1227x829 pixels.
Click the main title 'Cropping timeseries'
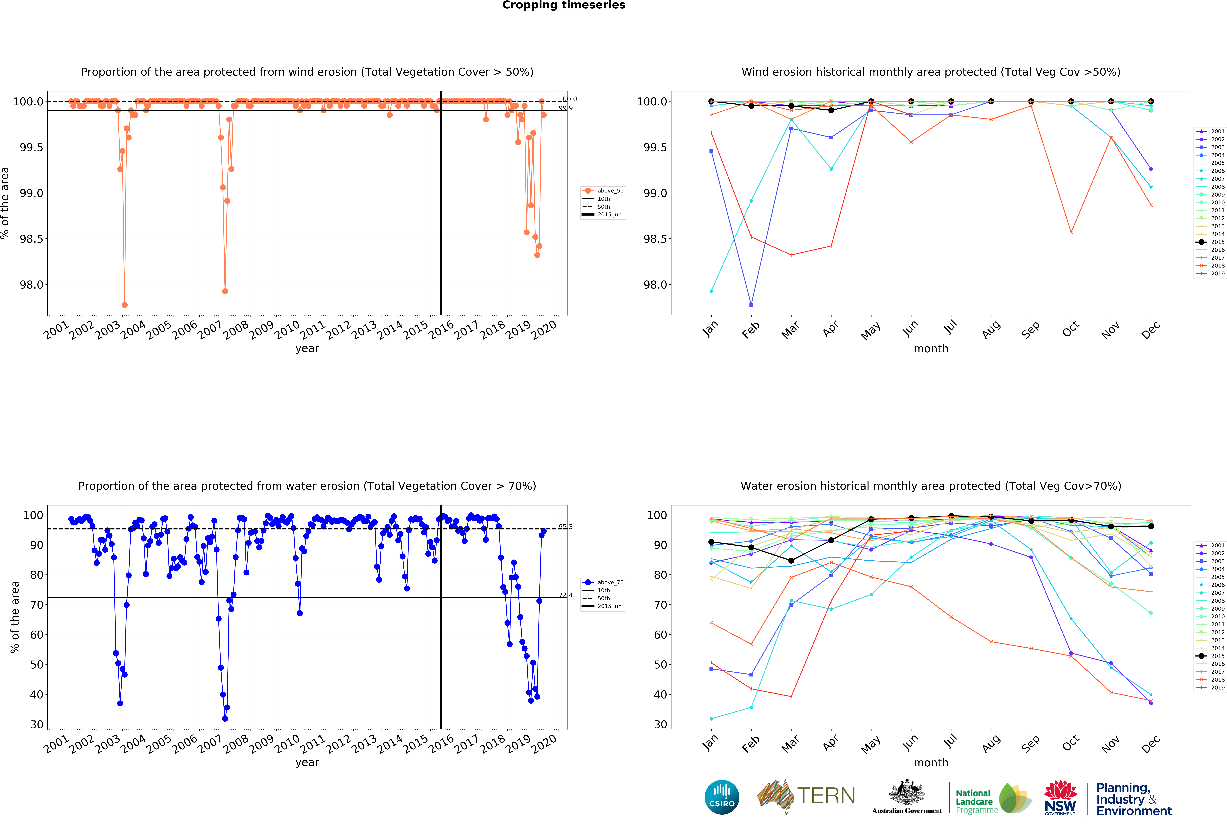click(563, 5)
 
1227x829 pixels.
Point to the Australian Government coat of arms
click(907, 792)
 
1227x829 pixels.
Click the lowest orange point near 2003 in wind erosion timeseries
click(125, 305)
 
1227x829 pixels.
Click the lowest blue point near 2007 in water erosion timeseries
click(225, 719)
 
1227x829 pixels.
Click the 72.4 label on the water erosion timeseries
click(565, 595)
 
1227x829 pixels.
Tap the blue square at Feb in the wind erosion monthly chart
click(751, 305)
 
